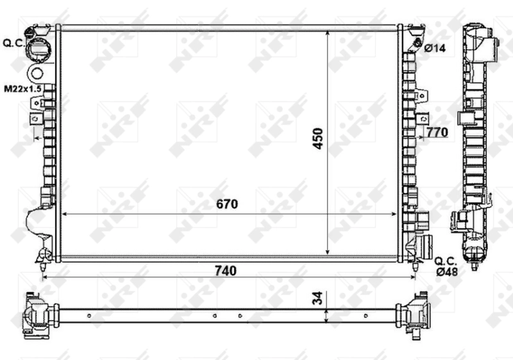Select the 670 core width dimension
[226, 205]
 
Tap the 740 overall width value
[226, 271]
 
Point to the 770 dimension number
[436, 132]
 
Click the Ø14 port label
[435, 47]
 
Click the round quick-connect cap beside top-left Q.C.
[39, 47]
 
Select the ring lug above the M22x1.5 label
[37, 73]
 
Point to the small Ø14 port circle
[417, 44]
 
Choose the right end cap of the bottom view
[414, 314]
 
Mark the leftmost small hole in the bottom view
[89, 316]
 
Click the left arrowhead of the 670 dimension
[63, 214]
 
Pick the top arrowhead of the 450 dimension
[329, 32]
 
